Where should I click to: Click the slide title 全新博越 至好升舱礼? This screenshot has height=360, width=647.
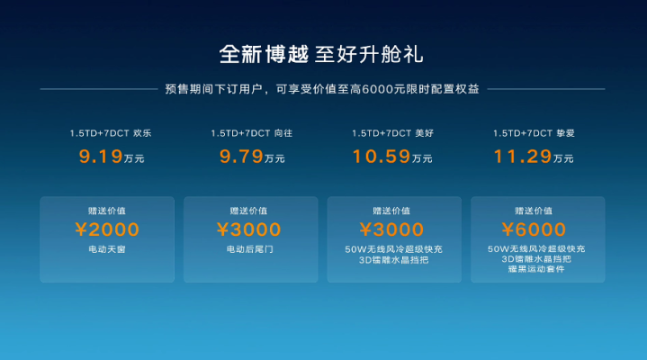[321, 55]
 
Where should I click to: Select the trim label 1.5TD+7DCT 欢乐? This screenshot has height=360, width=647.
[111, 133]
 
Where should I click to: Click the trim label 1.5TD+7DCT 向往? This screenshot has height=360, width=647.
[252, 133]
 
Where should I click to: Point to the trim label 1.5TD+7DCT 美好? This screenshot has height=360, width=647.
[393, 133]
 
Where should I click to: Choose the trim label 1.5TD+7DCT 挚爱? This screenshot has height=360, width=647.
[534, 133]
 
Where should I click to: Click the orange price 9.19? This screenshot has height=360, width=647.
[101, 157]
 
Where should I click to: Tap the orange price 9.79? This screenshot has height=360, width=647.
[241, 157]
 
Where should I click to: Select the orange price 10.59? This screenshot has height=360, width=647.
[382, 157]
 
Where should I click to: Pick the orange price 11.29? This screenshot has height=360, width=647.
[523, 157]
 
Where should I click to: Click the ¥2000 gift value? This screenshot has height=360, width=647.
[107, 229]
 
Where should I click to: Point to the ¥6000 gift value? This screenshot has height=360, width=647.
[534, 229]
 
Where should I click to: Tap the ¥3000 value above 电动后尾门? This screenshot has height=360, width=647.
[249, 229]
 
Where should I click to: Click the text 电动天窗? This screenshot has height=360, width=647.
[107, 249]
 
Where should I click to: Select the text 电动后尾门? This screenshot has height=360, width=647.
[249, 249]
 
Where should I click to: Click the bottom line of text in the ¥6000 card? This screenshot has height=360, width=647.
[536, 269]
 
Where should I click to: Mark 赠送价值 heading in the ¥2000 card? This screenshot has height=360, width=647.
[107, 211]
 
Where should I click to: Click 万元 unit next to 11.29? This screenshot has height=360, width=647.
[563, 158]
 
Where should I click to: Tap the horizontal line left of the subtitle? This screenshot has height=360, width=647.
[99, 89]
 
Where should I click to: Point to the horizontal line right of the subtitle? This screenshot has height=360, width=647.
[546, 89]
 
